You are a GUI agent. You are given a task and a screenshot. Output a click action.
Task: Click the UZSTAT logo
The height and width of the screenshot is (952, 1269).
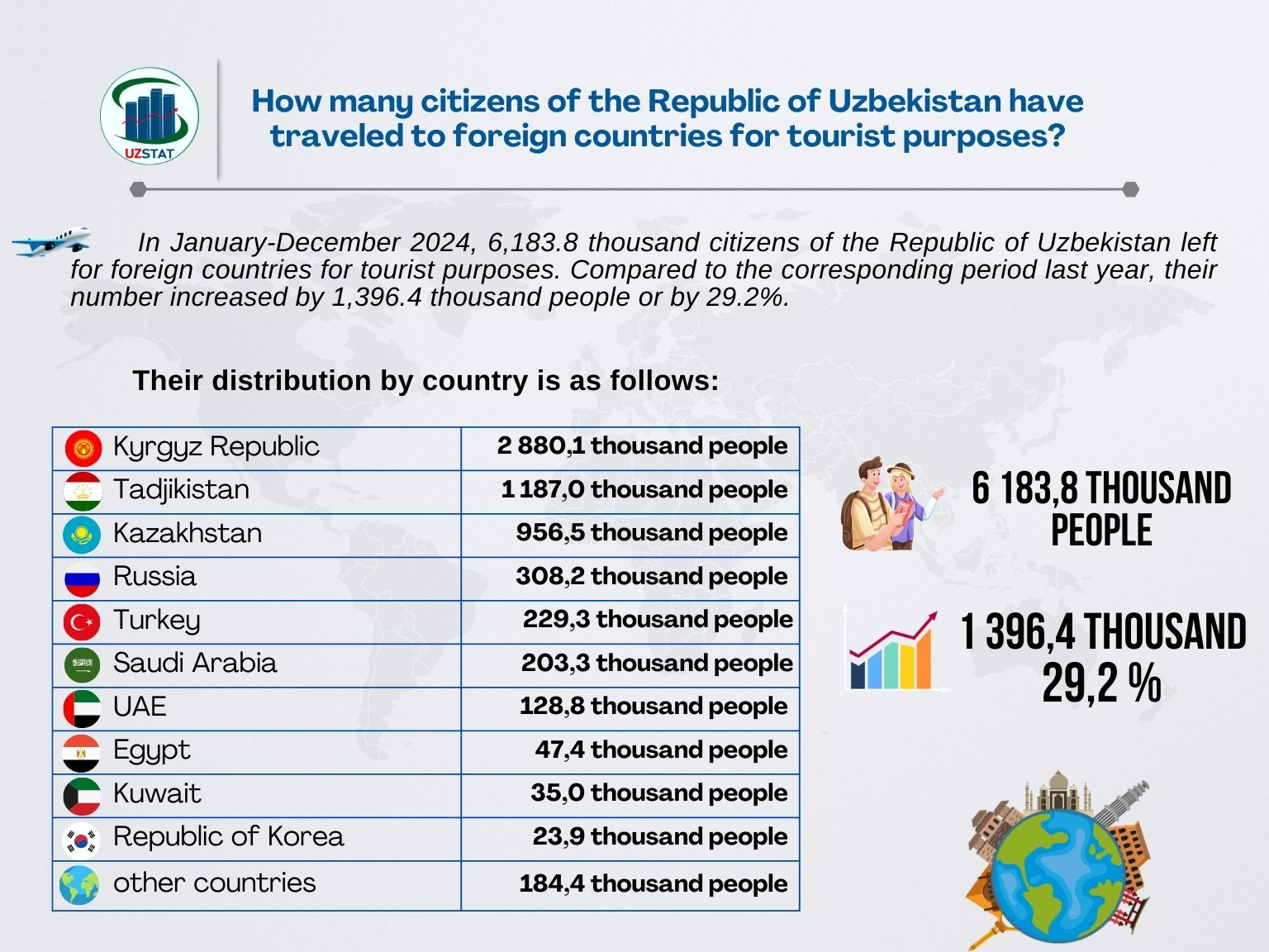point(150,117)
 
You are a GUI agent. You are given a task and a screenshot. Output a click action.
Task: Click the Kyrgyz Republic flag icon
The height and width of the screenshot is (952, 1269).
point(83,448)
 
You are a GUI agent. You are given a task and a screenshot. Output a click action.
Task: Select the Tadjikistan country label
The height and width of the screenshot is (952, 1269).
point(181,489)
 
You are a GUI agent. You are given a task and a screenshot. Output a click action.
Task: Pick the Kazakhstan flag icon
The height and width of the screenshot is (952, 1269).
point(82,535)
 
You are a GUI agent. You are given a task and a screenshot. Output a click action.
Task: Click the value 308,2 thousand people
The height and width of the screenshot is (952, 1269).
point(651,576)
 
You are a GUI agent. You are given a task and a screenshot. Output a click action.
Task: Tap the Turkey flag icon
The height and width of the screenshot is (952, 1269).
point(82,621)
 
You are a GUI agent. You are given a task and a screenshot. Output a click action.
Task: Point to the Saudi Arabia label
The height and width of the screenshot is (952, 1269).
point(195,663)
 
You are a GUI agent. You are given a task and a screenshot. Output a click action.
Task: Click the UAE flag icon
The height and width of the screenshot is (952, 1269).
point(82,708)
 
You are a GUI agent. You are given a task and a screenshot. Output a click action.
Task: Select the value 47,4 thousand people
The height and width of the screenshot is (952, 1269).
point(661,750)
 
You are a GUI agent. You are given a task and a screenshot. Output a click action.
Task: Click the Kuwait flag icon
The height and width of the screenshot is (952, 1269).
point(82,795)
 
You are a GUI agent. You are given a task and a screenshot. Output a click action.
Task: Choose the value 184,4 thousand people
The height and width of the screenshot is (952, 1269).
point(653,883)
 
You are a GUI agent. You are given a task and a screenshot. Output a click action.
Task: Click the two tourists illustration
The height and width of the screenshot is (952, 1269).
point(891,505)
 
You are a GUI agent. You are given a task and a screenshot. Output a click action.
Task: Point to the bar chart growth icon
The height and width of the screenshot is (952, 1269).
point(893,651)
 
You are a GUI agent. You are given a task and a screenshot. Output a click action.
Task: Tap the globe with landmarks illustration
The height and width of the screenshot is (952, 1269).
point(1059,864)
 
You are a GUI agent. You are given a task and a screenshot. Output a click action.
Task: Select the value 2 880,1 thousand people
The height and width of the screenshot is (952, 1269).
point(642,445)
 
